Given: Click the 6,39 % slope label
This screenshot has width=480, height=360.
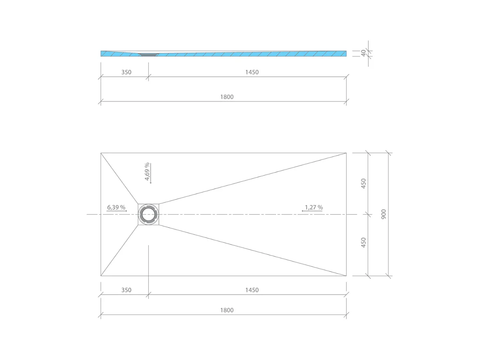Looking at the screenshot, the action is [x=116, y=208].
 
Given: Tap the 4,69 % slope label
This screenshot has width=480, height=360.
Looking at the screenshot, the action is [x=147, y=171].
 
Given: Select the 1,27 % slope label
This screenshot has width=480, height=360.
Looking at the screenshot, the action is [x=314, y=208].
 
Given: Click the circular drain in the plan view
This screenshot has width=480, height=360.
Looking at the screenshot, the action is [x=149, y=214].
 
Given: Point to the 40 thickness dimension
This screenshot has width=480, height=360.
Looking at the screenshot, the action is [x=363, y=53].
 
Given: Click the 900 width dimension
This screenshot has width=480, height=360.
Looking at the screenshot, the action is [x=384, y=214].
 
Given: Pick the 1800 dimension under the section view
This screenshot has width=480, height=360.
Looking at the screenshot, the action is [x=227, y=97].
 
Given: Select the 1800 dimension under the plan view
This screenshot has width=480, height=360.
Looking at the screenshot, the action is [x=227, y=310].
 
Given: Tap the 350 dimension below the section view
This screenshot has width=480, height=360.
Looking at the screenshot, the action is [x=126, y=72].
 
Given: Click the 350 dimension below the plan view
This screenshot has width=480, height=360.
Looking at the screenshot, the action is [x=126, y=290].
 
